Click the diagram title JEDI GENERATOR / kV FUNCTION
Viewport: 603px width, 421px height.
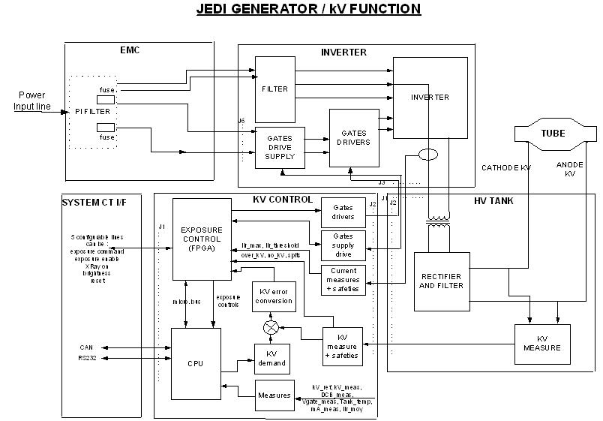point(308,10)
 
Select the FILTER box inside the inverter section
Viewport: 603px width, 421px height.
point(274,89)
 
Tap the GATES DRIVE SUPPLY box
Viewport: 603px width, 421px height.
point(280,147)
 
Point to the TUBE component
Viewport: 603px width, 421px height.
point(553,133)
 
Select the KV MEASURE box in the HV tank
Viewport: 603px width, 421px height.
point(542,343)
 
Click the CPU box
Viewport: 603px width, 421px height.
point(195,363)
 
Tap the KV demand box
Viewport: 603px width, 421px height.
point(271,359)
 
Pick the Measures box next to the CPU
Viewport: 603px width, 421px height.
point(274,395)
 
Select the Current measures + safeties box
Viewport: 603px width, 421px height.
point(343,279)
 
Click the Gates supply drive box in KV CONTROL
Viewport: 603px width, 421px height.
point(343,245)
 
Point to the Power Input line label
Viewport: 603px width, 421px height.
point(32,101)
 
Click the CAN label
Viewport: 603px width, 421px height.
point(86,347)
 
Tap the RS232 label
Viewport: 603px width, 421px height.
point(88,359)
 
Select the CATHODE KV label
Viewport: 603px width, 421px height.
point(505,168)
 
